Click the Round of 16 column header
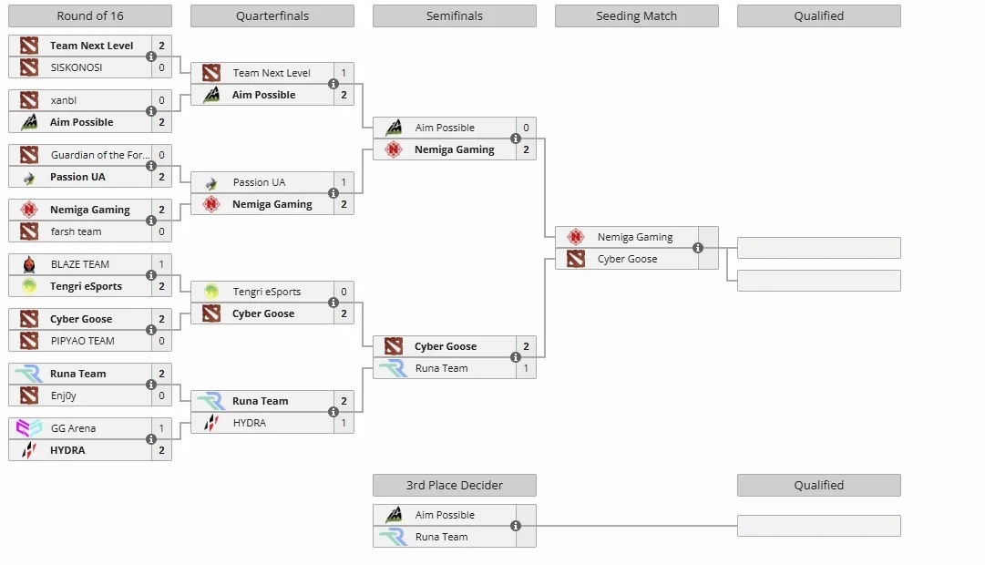pos(90,15)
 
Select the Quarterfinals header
pos(272,15)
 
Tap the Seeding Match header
pos(636,15)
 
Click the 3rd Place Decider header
pos(454,485)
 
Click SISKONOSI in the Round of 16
pos(77,67)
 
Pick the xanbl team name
pos(64,100)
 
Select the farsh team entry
pos(76,231)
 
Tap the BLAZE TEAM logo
pos(29,264)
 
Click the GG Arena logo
pos(29,428)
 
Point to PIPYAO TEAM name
pos(82,341)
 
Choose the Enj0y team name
pos(64,395)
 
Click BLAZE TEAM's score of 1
pos(161,264)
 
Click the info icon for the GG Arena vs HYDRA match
pos(150,439)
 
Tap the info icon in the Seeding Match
pos(697,248)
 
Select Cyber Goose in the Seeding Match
pos(627,259)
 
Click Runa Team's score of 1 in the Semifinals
pos(526,368)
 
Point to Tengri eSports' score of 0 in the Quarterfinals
pos(344,292)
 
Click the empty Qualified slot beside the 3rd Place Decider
pos(818,526)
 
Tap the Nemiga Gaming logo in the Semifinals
pos(394,149)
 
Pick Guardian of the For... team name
pos(100,155)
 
